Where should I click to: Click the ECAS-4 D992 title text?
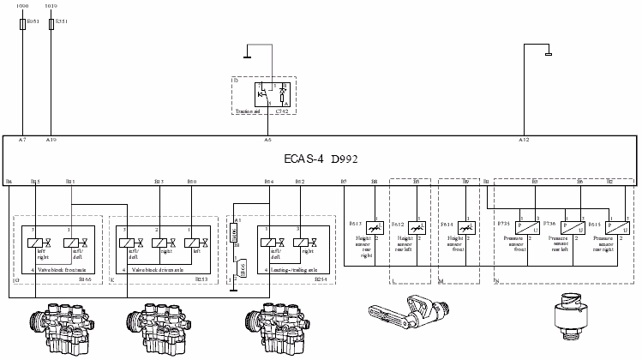(x=321, y=159)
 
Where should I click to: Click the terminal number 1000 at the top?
(x=22, y=6)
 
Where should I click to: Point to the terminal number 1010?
(x=51, y=6)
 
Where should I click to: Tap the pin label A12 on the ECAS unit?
(x=524, y=139)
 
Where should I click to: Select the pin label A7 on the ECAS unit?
(x=22, y=139)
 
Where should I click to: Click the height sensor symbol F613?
(x=375, y=229)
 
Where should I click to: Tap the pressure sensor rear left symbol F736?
(x=566, y=229)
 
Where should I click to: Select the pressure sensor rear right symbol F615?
(x=612, y=229)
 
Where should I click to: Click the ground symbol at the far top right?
(x=547, y=57)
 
